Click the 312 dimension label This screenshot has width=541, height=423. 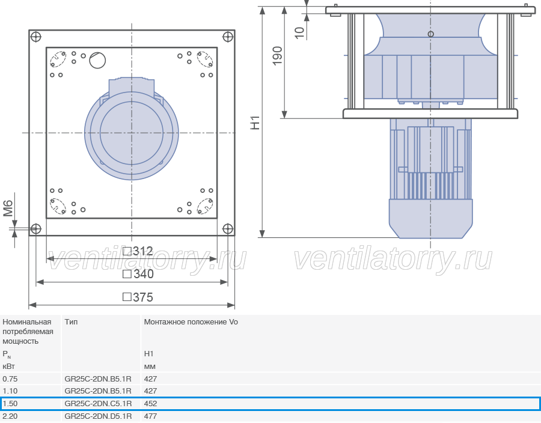[x=138, y=251]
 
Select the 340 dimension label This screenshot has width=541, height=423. [x=138, y=274]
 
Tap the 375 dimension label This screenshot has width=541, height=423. [x=138, y=297]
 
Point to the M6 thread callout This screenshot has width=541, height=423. [x=8, y=208]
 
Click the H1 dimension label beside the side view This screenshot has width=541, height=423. [x=255, y=123]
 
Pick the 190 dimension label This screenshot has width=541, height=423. [x=277, y=56]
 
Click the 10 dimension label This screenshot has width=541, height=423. [x=299, y=33]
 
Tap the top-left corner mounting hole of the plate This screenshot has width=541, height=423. [x=36, y=37]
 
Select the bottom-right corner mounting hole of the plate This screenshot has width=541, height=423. [x=228, y=228]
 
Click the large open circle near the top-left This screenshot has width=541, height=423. [x=97, y=60]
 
